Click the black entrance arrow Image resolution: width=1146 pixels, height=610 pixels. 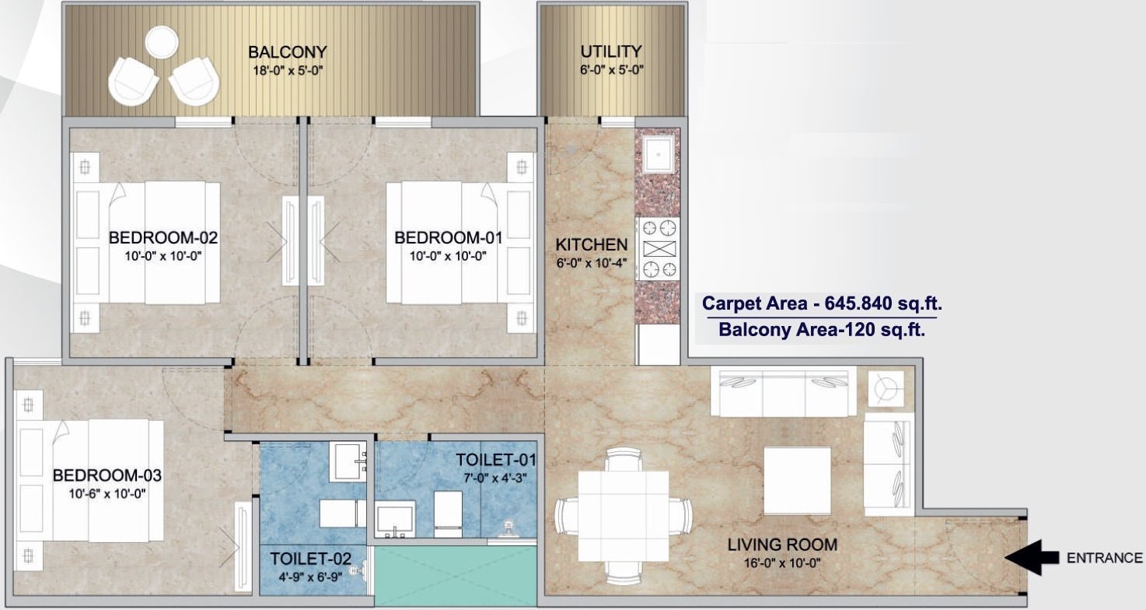(x=1031, y=557)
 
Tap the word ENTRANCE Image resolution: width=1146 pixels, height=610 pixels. (x=1104, y=558)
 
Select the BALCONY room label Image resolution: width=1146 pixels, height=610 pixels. (x=287, y=52)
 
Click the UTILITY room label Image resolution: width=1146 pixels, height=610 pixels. (x=611, y=51)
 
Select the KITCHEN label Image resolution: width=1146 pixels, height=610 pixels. (x=591, y=244)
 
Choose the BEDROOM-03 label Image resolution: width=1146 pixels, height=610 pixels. (x=107, y=475)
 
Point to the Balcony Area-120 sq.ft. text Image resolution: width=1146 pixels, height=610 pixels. (x=821, y=329)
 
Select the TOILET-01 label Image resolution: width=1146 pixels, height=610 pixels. (x=496, y=460)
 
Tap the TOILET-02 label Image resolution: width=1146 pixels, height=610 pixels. (x=311, y=559)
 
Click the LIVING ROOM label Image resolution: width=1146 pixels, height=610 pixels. (x=782, y=544)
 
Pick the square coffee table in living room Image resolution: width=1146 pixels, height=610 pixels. (x=797, y=480)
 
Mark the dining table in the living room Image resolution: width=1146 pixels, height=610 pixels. (x=624, y=515)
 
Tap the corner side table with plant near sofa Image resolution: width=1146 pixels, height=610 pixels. (x=886, y=387)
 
